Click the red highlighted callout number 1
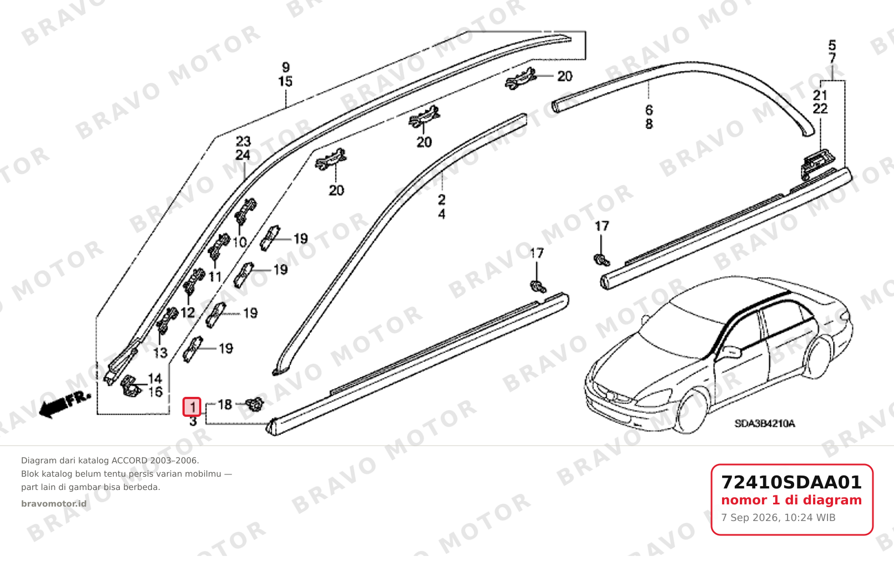pyautogui.click(x=191, y=407)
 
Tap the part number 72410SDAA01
pyautogui.click(x=791, y=482)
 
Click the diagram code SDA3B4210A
pyautogui.click(x=765, y=423)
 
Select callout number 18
pyautogui.click(x=225, y=405)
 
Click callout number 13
pyautogui.click(x=160, y=353)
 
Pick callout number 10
pyautogui.click(x=240, y=242)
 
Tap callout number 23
pyautogui.click(x=243, y=141)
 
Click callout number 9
pyautogui.click(x=286, y=67)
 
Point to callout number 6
pyautogui.click(x=649, y=110)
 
